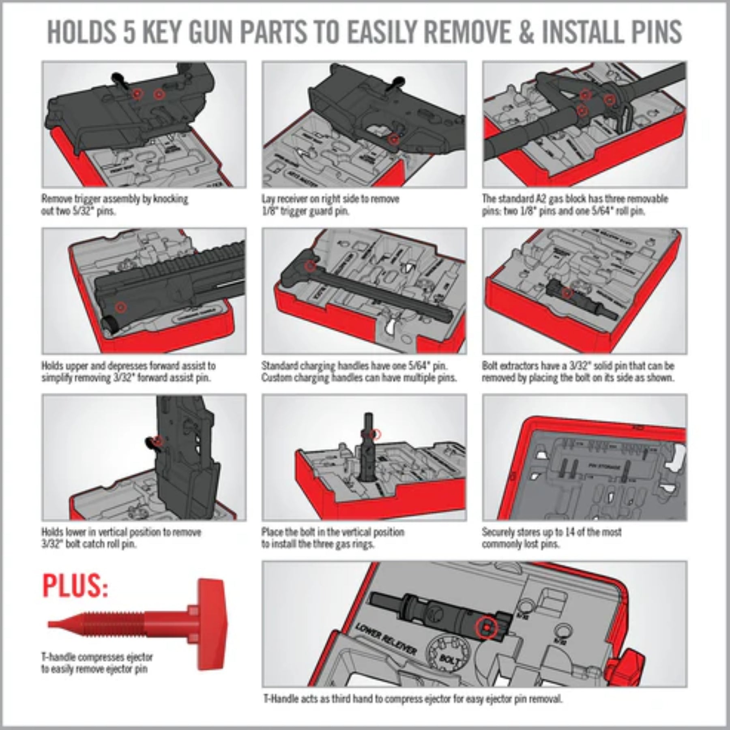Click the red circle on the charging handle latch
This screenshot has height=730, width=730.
click(x=310, y=266)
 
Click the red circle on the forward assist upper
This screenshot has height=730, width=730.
click(x=120, y=307)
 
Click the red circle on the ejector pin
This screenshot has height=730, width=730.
click(x=485, y=628)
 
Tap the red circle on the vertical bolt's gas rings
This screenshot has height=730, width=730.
click(x=376, y=434)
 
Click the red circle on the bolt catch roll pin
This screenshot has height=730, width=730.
click(x=158, y=440)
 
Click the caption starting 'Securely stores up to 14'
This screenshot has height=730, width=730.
click(x=552, y=538)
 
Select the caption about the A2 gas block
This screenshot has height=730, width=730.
click(x=575, y=205)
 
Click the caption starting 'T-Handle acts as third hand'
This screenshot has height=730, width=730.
click(x=413, y=699)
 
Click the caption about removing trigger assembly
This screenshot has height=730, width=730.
click(x=115, y=205)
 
